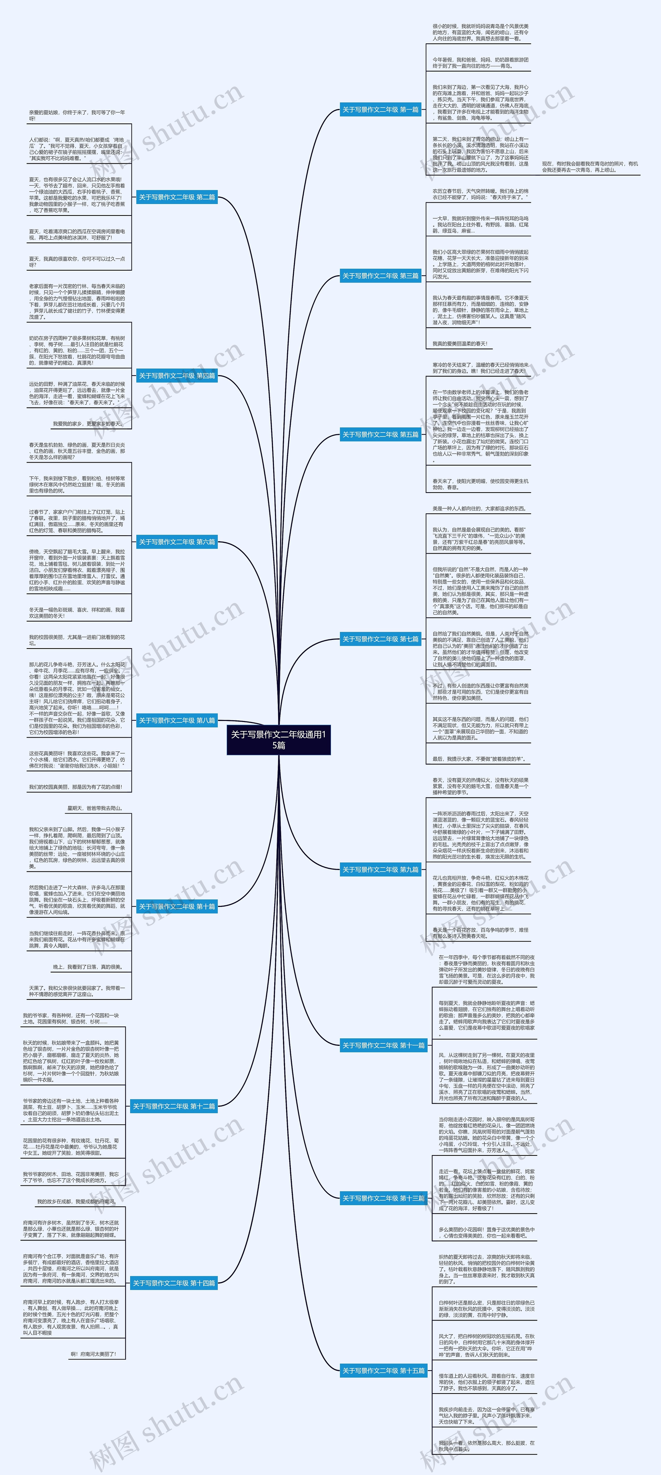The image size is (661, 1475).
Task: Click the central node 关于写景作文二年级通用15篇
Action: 279,739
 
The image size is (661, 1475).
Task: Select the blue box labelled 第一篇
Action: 381,109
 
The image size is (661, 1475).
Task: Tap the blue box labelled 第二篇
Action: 177,197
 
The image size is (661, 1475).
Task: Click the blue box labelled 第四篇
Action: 177,376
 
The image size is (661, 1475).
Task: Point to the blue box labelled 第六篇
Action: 177,542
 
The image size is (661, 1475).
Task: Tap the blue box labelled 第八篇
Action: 177,720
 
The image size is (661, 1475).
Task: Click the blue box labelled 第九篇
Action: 381,869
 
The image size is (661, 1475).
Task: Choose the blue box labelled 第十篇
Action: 177,906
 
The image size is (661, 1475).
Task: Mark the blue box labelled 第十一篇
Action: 383,1045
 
